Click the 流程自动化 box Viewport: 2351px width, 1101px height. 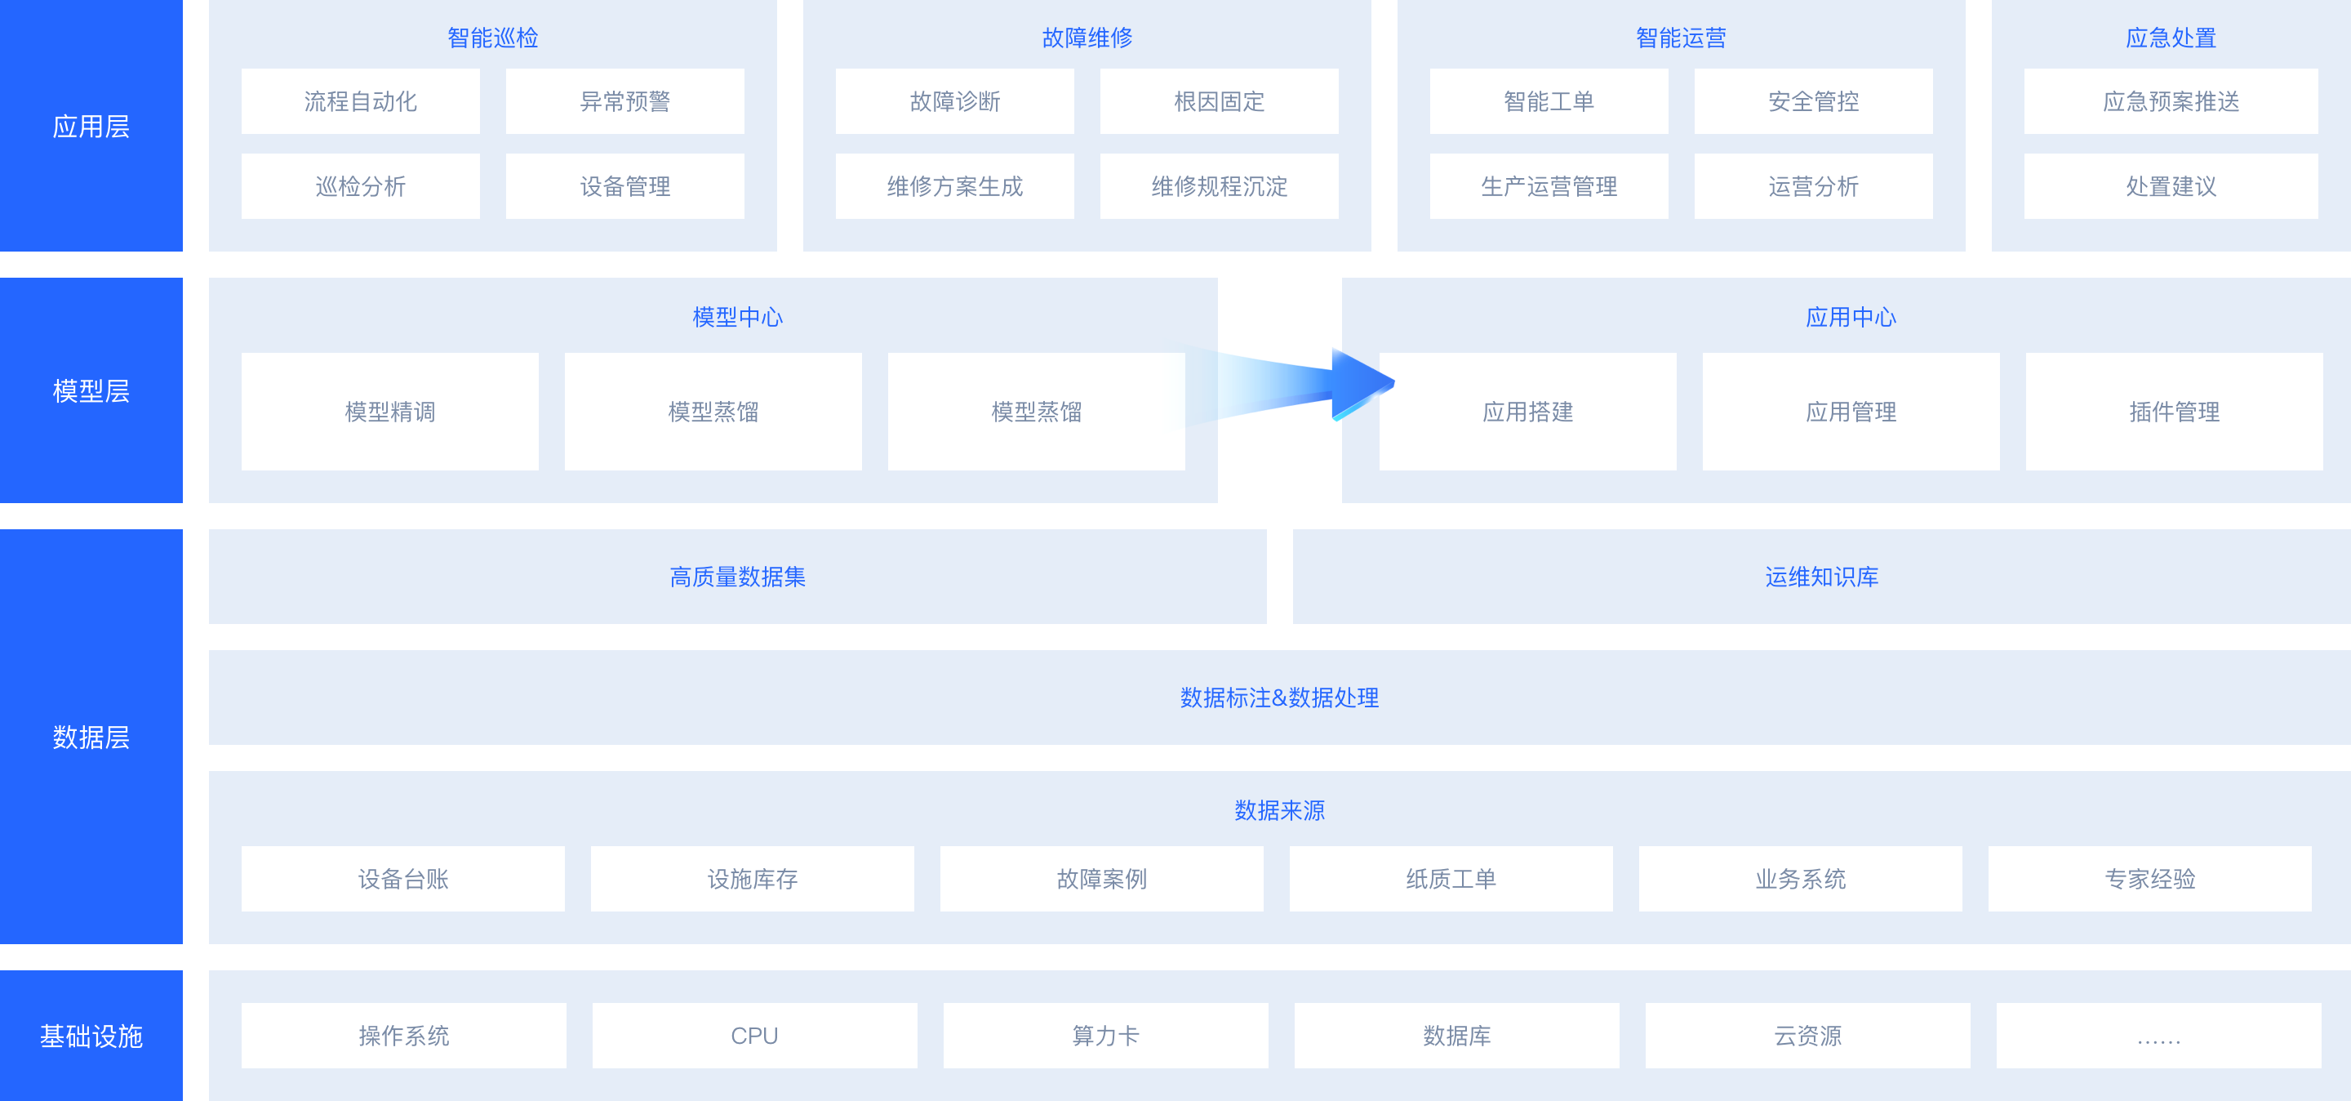361,101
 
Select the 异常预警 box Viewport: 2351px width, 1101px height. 625,101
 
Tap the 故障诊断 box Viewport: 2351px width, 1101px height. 954,101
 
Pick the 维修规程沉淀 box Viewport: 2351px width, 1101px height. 1220,186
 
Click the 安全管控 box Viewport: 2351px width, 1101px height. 1813,101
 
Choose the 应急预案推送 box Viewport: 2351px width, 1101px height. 2171,101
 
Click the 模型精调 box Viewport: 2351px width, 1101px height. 389,412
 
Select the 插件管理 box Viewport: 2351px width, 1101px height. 2174,412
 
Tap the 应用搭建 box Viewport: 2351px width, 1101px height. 1528,412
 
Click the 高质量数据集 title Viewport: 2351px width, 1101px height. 737,577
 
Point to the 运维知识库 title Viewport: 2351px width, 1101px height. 1822,577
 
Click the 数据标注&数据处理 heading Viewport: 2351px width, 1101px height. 1279,698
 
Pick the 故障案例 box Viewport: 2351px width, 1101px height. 1101,878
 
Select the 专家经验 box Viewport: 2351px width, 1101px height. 2150,878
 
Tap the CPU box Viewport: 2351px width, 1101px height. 755,1036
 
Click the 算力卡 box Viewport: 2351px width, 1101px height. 1106,1036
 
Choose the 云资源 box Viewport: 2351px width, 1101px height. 1808,1036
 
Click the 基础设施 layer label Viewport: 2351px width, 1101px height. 91,1036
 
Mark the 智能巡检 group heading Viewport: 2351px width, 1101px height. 493,38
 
